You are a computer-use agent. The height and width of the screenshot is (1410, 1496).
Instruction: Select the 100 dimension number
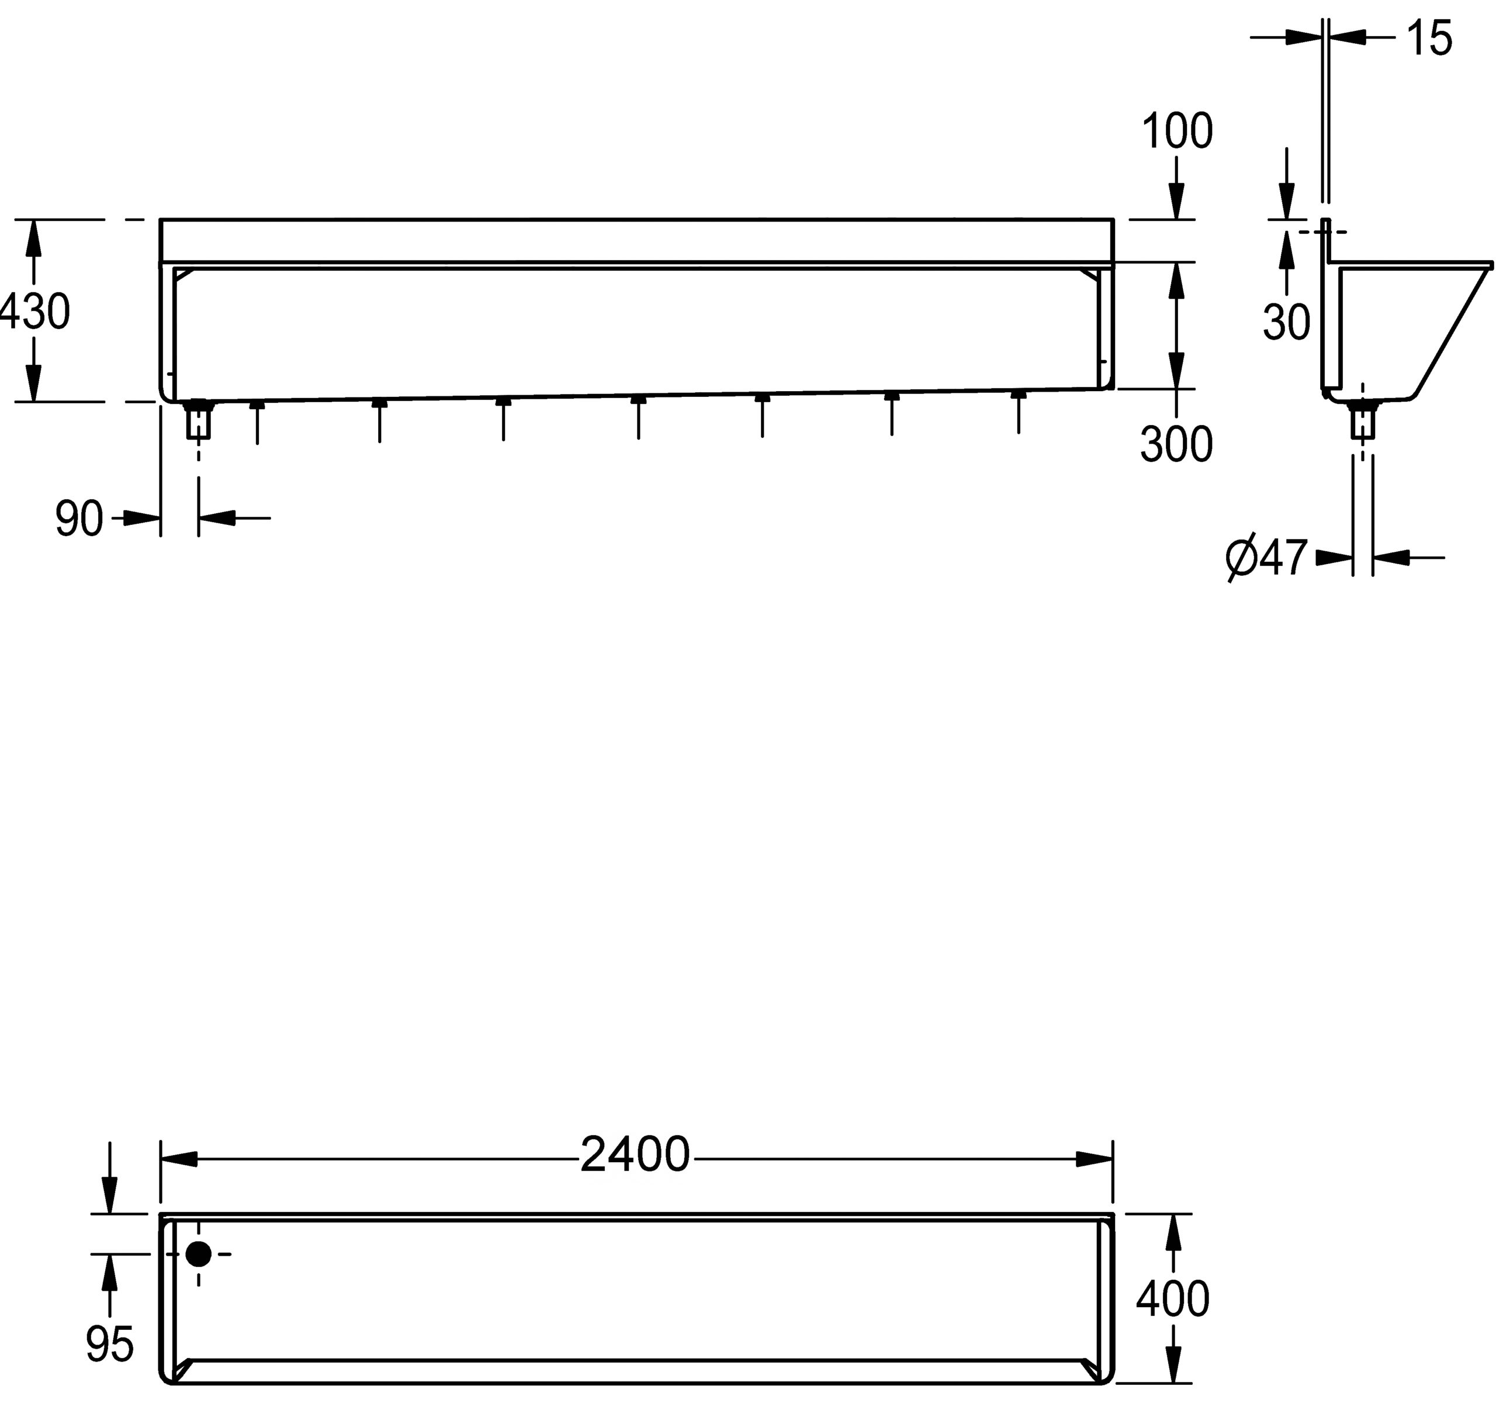tap(1177, 131)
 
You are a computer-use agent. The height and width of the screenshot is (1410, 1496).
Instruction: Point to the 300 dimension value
tap(1176, 444)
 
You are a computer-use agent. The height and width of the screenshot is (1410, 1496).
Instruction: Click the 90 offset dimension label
tap(79, 519)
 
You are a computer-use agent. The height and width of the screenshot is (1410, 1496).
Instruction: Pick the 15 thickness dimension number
tap(1428, 39)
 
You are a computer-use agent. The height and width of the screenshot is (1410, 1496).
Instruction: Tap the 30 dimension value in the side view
tap(1287, 322)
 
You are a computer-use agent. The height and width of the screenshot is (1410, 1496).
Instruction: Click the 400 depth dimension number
tap(1172, 1298)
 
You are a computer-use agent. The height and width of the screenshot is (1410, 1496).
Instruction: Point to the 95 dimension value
tap(110, 1345)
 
